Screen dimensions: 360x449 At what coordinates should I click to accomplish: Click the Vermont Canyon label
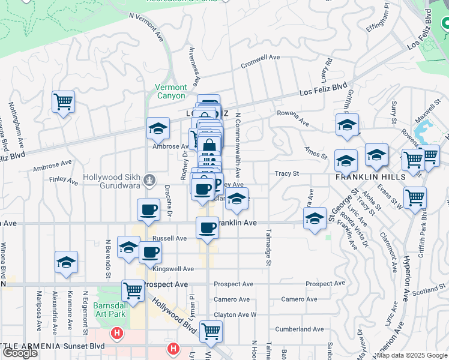pyautogui.click(x=171, y=91)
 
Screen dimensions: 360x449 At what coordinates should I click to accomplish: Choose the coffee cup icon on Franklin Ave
pyautogui.click(x=207, y=227)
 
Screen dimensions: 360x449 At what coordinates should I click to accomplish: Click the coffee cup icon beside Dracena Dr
pyautogui.click(x=148, y=209)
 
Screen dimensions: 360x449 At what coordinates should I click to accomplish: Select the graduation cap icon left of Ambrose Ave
pyautogui.click(x=158, y=128)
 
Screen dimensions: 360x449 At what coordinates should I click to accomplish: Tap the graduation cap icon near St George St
pyautogui.click(x=315, y=218)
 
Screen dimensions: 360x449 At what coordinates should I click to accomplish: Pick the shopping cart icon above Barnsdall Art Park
pyautogui.click(x=133, y=291)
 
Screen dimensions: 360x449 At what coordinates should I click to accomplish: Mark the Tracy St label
pyautogui.click(x=287, y=173)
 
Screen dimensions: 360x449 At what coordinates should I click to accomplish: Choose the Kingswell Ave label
pyautogui.click(x=173, y=269)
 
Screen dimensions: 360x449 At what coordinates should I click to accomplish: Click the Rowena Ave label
pyautogui.click(x=292, y=118)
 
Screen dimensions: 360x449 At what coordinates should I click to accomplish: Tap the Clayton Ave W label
pyautogui.click(x=235, y=314)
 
